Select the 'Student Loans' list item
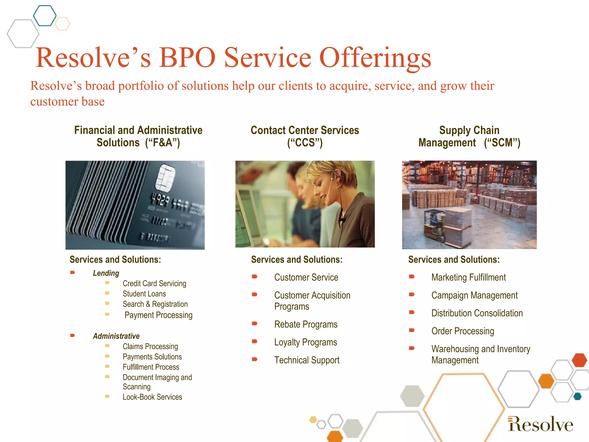coord(144,294)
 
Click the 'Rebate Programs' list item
coord(306,324)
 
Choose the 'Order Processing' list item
coord(462,331)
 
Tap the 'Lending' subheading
coord(106,273)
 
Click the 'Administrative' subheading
coord(116,336)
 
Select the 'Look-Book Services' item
coord(152,397)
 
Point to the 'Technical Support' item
coord(307,360)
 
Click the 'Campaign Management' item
coord(474,295)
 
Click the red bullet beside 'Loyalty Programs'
coord(255,342)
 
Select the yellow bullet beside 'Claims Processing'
coord(107,346)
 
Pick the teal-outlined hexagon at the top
coord(45,16)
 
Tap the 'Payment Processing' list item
coord(158,315)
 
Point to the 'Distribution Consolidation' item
coord(477,313)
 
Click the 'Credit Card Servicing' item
coord(154,283)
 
